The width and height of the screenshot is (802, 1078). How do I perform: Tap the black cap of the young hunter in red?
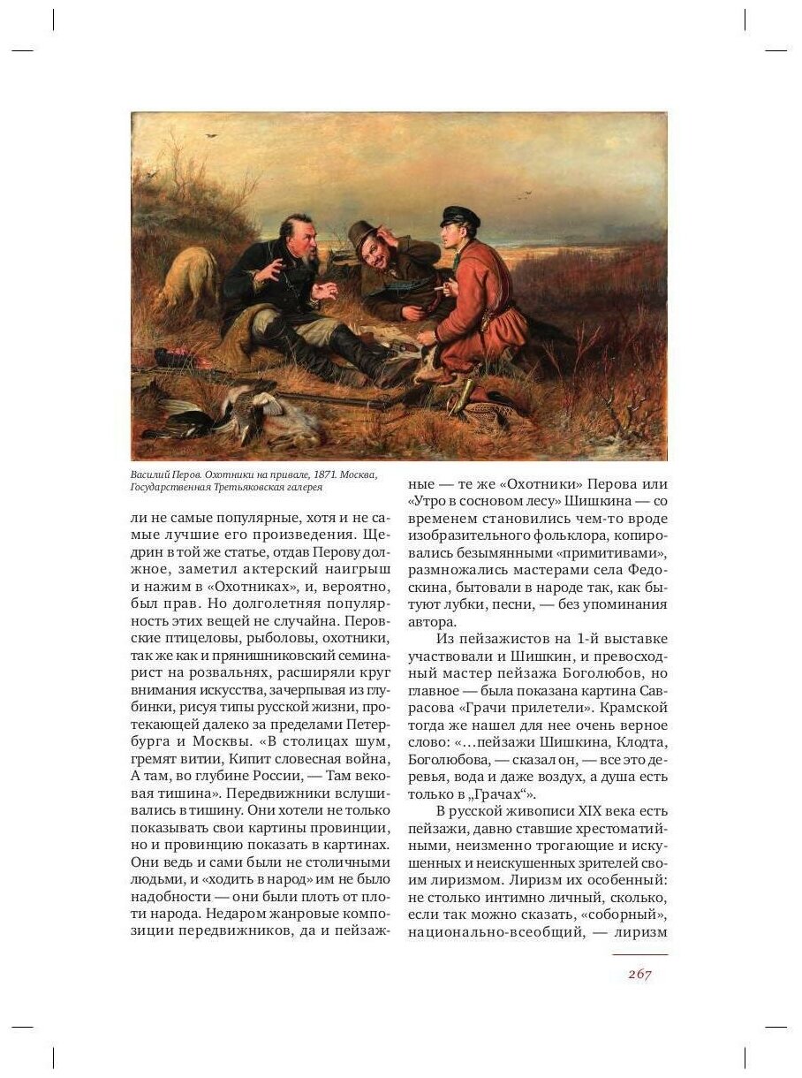pos(459,216)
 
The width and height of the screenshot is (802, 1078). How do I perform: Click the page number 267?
pos(639,974)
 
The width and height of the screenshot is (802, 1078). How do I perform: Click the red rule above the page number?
pos(639,954)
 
